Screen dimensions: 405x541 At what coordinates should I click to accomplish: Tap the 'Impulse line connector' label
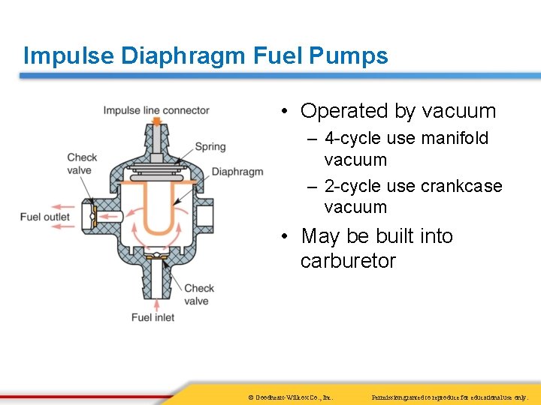[156, 110]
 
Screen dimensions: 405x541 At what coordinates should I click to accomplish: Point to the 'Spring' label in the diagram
[210, 147]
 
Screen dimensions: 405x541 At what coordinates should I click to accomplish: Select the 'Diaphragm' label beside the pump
[237, 172]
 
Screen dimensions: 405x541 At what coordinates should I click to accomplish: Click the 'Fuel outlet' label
[45, 217]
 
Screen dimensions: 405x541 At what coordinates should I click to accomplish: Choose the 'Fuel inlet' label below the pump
[153, 317]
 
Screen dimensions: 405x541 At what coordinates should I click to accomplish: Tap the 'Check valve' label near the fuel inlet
[199, 294]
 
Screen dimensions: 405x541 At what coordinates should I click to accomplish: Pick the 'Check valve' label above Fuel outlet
[82, 163]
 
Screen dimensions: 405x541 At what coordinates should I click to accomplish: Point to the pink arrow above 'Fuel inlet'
[156, 303]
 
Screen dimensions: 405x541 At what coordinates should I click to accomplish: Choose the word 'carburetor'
[347, 261]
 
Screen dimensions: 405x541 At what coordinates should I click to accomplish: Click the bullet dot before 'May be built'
[286, 237]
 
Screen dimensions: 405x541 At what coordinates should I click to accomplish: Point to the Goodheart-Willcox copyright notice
[290, 397]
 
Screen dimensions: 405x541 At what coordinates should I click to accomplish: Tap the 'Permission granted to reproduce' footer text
[451, 397]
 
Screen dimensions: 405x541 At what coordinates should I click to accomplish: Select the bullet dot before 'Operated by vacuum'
[286, 112]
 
